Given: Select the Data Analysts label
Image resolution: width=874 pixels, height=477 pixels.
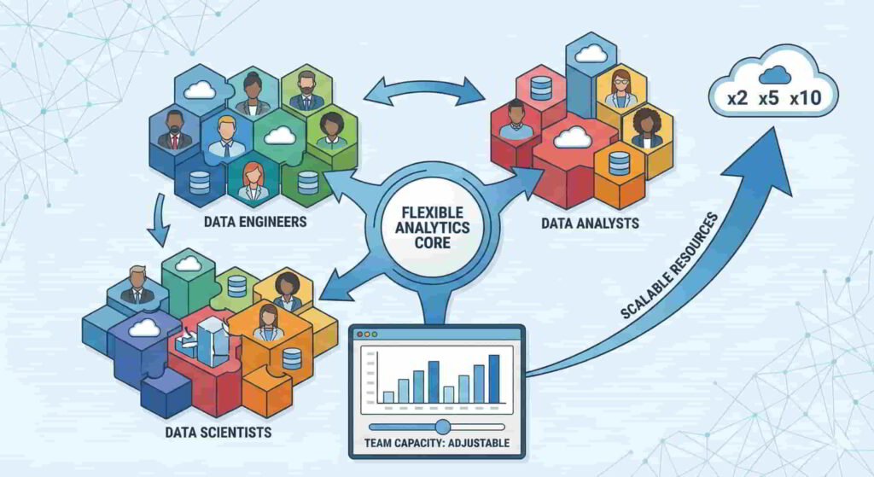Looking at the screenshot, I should tap(590, 224).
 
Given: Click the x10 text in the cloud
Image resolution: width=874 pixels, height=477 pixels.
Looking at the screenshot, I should tap(805, 98).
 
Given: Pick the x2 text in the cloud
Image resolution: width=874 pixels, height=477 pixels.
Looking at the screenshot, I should tap(737, 98).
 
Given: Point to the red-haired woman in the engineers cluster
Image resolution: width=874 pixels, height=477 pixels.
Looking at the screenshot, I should tap(253, 181).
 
